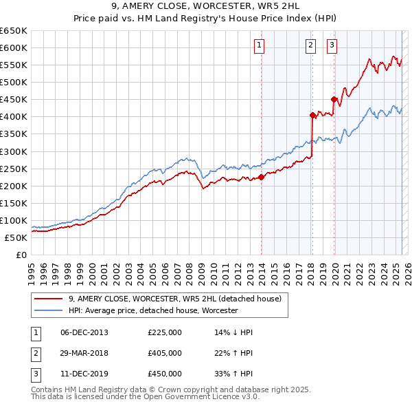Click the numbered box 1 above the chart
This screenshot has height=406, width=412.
[260, 46]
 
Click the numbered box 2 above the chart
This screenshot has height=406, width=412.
[310, 46]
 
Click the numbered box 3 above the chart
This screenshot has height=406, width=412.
[332, 46]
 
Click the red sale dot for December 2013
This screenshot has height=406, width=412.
[262, 177]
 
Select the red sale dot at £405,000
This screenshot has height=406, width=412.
[312, 115]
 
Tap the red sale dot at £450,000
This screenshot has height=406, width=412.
[334, 100]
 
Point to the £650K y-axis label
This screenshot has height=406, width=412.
[14, 31]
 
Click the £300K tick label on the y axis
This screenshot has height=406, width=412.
[14, 151]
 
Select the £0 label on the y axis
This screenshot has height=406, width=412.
[21, 255]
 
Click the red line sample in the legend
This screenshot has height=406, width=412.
[48, 299]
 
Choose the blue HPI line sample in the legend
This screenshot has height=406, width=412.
[48, 311]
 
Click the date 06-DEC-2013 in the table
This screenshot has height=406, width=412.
[84, 332]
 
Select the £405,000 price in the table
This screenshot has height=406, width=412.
[165, 353]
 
